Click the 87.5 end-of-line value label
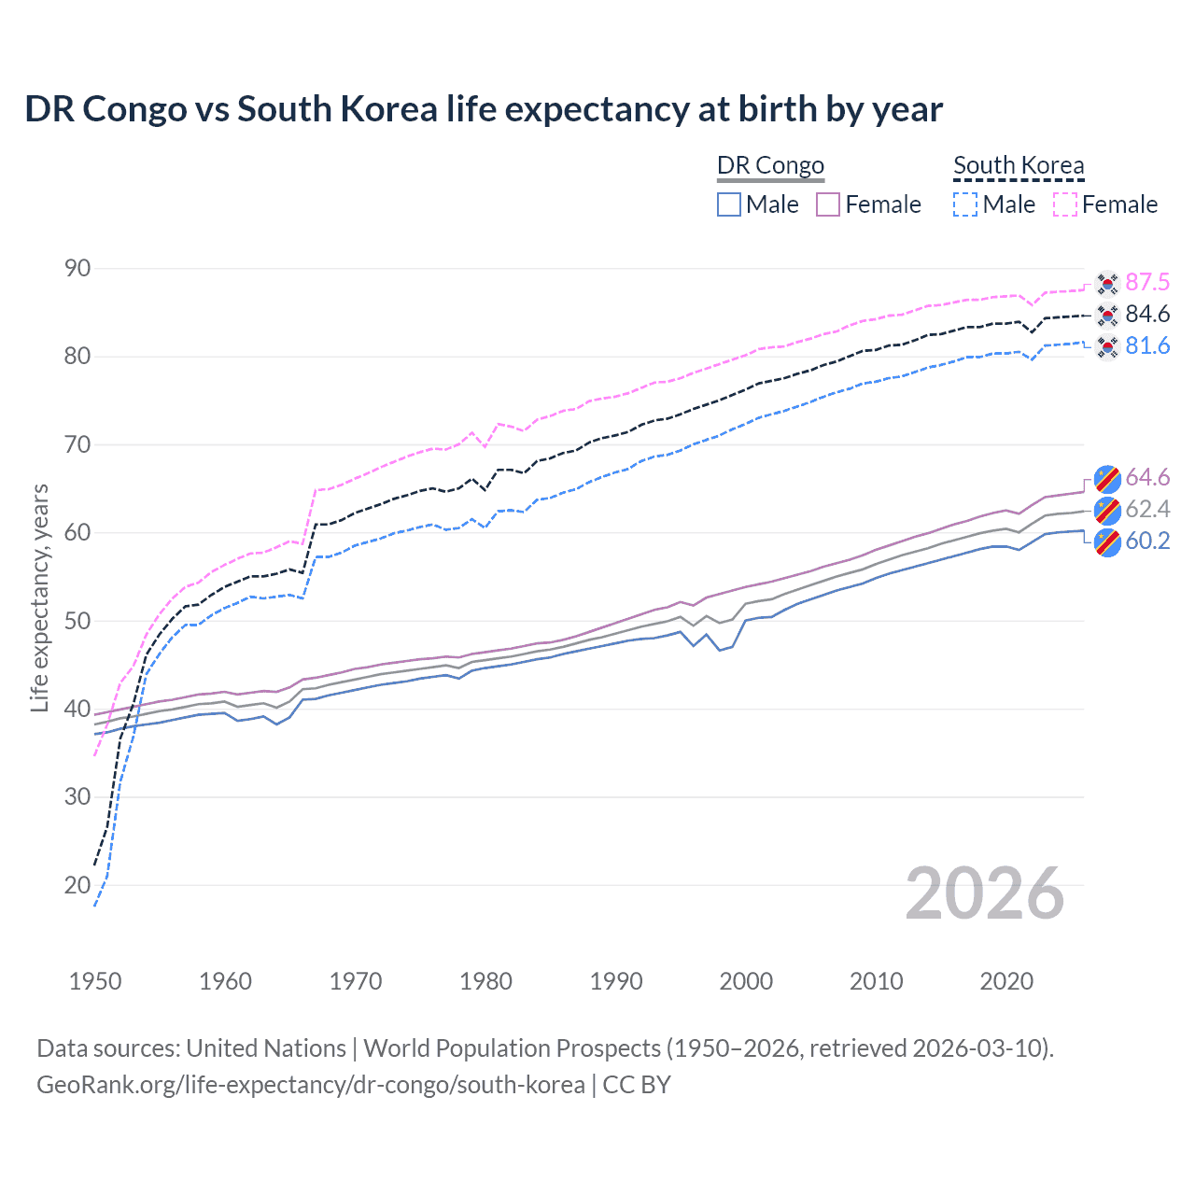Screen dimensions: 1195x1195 (x=1147, y=283)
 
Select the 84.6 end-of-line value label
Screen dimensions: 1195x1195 (x=1147, y=315)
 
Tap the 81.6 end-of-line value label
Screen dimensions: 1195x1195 (x=1147, y=346)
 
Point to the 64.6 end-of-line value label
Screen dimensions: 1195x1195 (x=1147, y=478)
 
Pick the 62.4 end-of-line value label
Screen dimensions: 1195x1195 (x=1147, y=510)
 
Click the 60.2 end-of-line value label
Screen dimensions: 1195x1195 (x=1147, y=541)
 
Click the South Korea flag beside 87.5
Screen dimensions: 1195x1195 (x=1107, y=283)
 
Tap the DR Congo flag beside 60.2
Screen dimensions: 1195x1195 (x=1107, y=541)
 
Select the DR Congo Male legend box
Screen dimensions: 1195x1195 (x=729, y=204)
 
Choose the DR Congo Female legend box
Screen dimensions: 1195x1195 (x=828, y=204)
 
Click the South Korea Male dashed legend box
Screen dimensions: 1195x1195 (x=965, y=204)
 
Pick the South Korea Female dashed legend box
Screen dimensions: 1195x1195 (x=1065, y=204)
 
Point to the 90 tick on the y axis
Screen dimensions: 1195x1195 (x=77, y=269)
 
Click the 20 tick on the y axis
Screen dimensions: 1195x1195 (x=77, y=885)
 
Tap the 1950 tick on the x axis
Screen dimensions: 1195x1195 (x=95, y=981)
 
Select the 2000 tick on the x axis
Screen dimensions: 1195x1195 (x=746, y=981)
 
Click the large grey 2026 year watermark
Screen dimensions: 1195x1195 (x=985, y=893)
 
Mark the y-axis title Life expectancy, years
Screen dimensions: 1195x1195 (x=39, y=597)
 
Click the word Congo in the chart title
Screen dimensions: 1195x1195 (x=134, y=109)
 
